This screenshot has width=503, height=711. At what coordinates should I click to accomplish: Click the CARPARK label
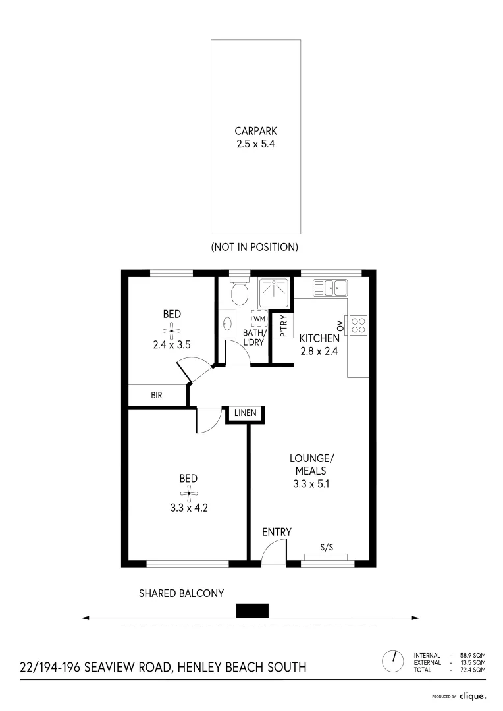[256, 131]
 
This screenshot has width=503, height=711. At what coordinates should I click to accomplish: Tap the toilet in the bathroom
[239, 291]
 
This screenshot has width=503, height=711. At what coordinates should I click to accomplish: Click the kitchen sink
[331, 288]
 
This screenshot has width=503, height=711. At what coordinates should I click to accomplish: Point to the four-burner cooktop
[358, 325]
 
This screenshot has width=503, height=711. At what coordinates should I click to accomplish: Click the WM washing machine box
[259, 319]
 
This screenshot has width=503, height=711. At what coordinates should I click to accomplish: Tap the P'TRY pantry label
[284, 326]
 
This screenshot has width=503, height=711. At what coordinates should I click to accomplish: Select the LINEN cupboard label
[246, 413]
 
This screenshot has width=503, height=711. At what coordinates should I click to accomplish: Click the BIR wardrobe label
[157, 396]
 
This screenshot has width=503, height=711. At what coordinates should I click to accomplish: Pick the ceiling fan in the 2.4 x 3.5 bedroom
[172, 330]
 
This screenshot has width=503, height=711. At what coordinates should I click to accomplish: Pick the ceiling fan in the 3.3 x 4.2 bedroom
[188, 494]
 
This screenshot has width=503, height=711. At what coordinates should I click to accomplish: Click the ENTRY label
[277, 532]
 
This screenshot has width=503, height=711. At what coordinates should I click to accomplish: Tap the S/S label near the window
[327, 547]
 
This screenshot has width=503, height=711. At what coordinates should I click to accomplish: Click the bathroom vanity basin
[226, 324]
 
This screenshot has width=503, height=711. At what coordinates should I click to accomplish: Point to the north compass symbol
[393, 661]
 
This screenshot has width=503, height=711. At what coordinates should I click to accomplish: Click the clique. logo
[473, 696]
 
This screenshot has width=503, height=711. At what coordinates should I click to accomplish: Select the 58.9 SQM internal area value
[473, 655]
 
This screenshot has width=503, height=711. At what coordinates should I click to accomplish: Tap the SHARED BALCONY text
[182, 593]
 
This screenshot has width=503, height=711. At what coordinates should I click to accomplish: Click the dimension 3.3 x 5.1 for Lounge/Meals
[311, 484]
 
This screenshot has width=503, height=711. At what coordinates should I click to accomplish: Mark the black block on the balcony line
[252, 610]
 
